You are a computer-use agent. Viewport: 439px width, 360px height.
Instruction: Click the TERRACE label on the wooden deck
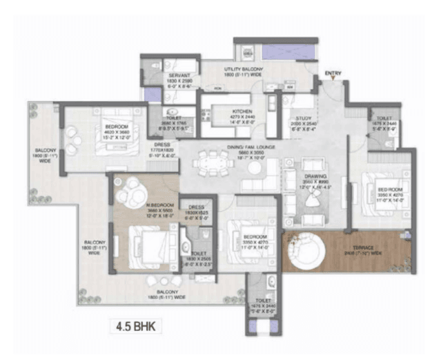tap(364, 247)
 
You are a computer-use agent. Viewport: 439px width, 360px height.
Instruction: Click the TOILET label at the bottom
tap(263, 300)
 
